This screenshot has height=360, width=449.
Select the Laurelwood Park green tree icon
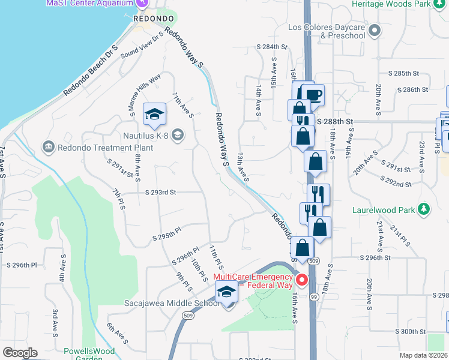coord(425,209)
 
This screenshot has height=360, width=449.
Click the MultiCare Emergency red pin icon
coord(303,279)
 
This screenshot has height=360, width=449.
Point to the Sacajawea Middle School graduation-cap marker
coord(226,292)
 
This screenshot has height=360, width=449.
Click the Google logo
coord(19,353)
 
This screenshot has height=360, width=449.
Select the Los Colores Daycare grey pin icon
coord(375,29)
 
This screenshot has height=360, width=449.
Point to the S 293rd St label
coord(160,193)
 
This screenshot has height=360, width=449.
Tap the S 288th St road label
coord(334,121)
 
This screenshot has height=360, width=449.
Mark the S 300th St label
coord(410,331)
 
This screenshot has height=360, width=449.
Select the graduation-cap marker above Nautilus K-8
coord(155,114)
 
